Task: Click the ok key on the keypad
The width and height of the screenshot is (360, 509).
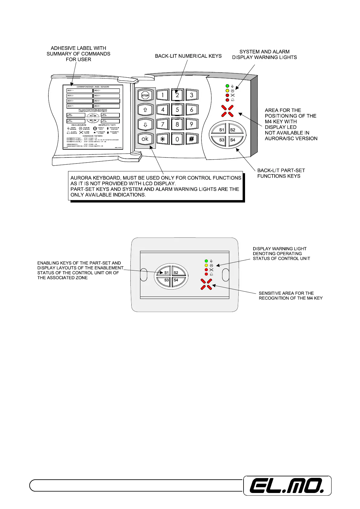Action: click(145, 139)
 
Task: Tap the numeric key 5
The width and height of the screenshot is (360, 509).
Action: click(177, 110)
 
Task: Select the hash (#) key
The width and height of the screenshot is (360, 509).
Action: click(191, 139)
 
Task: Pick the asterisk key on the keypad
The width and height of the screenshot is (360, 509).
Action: click(163, 139)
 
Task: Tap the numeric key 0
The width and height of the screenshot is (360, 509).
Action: click(177, 139)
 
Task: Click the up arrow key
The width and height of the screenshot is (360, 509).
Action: click(145, 110)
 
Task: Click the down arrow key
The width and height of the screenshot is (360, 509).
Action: click(145, 125)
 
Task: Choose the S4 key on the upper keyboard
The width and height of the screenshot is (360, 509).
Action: click(233, 140)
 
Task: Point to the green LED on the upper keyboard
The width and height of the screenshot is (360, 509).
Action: click(227, 86)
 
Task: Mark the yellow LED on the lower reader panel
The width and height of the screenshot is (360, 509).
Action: click(206, 265)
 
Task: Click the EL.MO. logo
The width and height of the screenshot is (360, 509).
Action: click(287, 486)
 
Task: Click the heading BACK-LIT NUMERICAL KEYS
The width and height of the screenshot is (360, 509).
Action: click(188, 56)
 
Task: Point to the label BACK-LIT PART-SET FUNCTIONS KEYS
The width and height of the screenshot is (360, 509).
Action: click(281, 173)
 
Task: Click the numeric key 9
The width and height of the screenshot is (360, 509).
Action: click(191, 124)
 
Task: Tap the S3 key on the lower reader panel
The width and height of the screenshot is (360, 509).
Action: click(166, 280)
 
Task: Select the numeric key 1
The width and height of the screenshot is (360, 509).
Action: click(163, 95)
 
